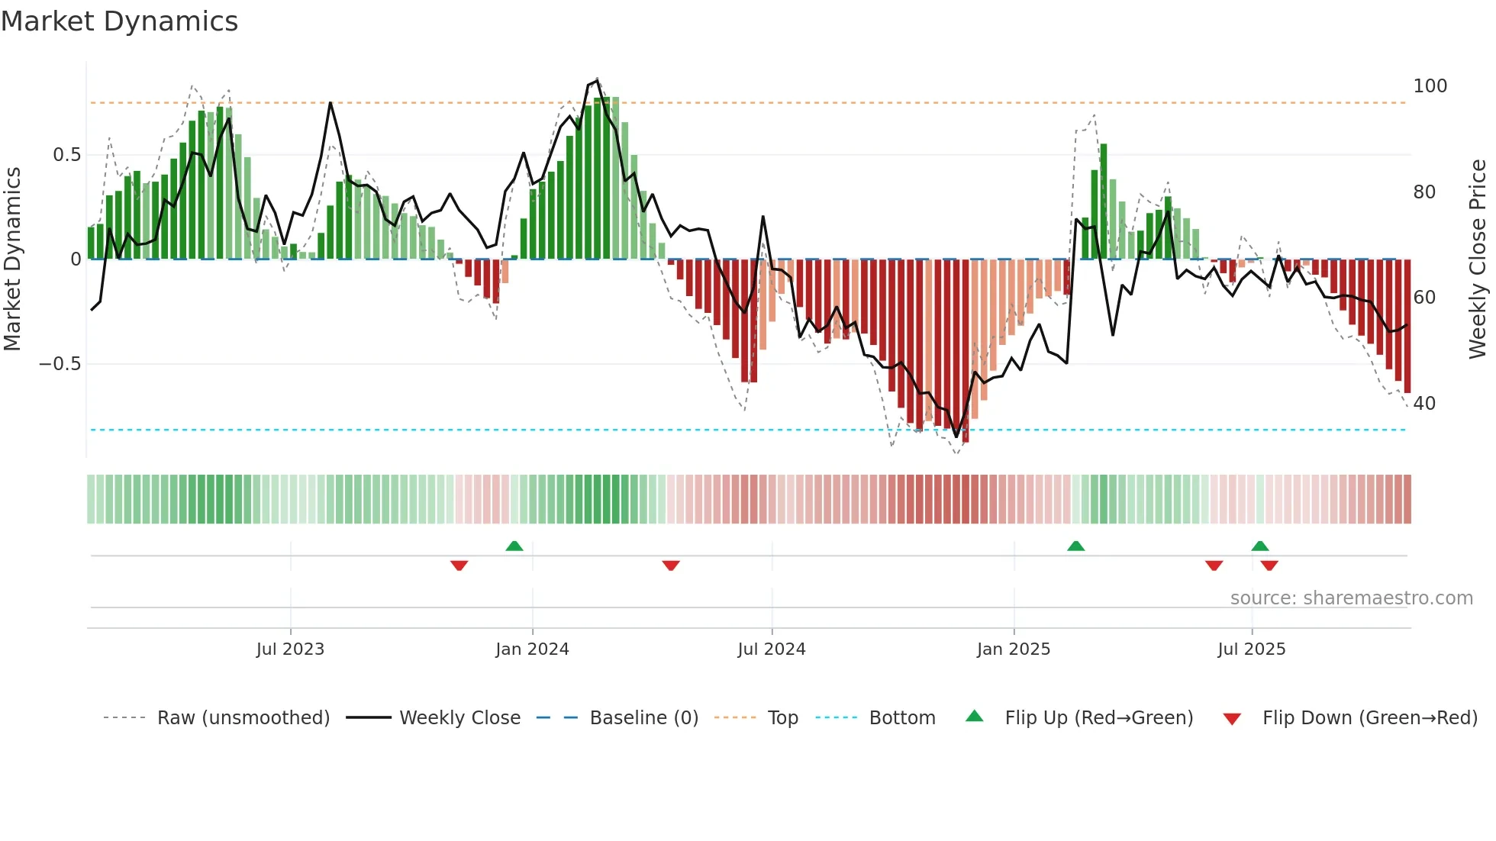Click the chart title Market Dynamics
pos(119,21)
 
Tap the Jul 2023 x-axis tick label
pos(290,649)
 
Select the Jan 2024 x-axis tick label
pos(532,649)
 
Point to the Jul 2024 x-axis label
pos(771,649)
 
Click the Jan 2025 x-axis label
pos(1013,649)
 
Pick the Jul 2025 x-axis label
pos(1251,649)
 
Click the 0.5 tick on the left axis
pos(66,155)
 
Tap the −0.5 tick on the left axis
pos(60,364)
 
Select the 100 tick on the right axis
pos(1430,86)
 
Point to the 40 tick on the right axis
pos(1424,404)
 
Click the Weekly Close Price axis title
pos(1478,259)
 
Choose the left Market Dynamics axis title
pos(12,259)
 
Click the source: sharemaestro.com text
pos(1351,598)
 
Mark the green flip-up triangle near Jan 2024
pos(514,546)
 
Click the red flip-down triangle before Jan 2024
pos(459,565)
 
